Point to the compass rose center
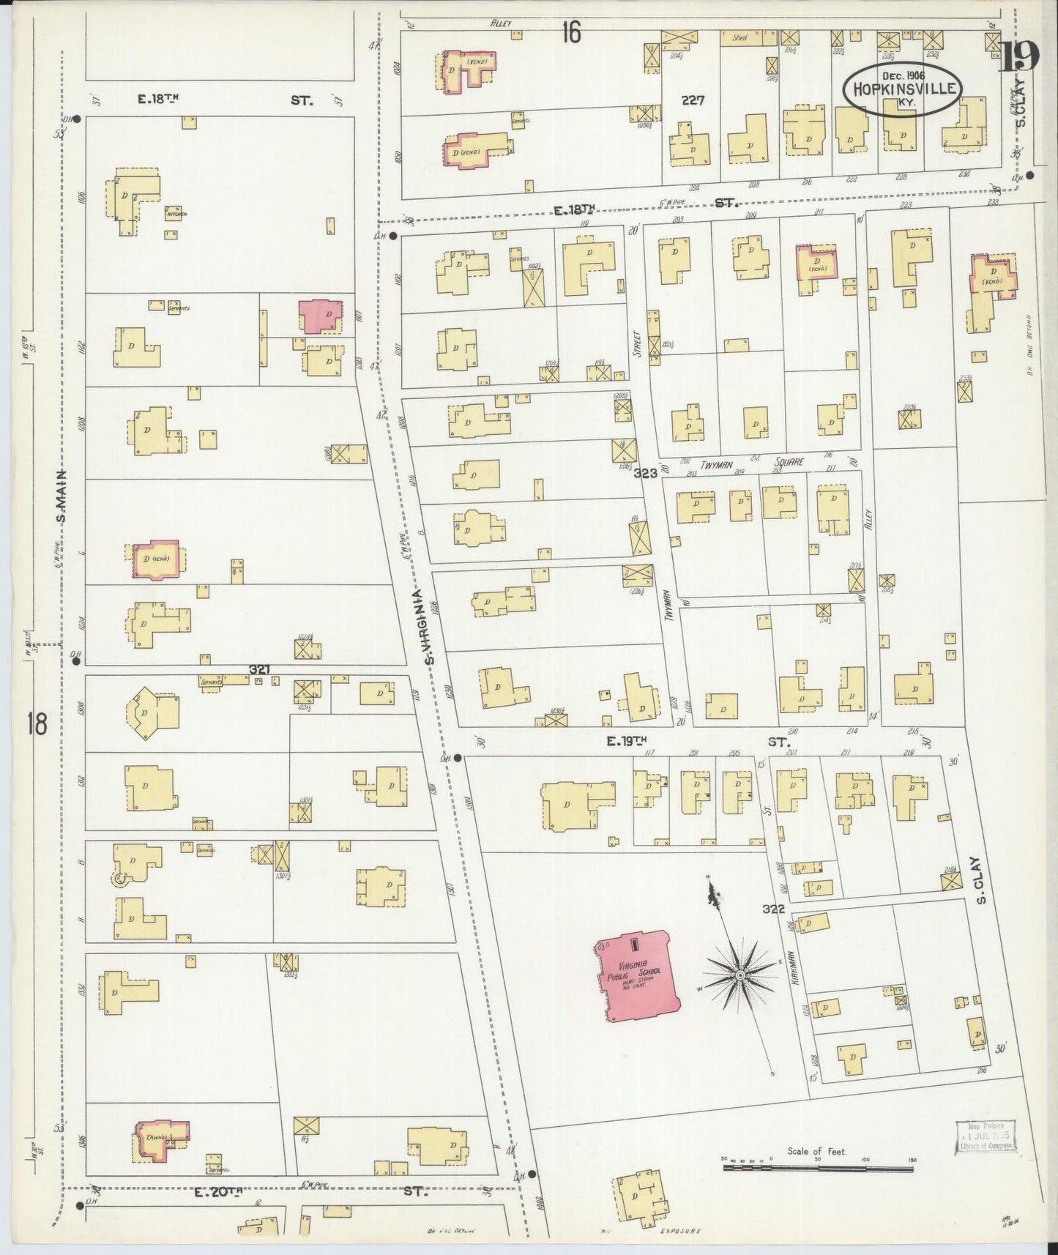[740, 975]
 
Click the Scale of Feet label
[816, 1151]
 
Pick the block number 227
[692, 100]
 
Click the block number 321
[260, 669]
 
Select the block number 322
[772, 909]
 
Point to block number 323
[645, 474]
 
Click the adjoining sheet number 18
[36, 723]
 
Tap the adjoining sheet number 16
[571, 31]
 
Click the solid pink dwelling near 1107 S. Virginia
[320, 316]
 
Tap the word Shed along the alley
[740, 37]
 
